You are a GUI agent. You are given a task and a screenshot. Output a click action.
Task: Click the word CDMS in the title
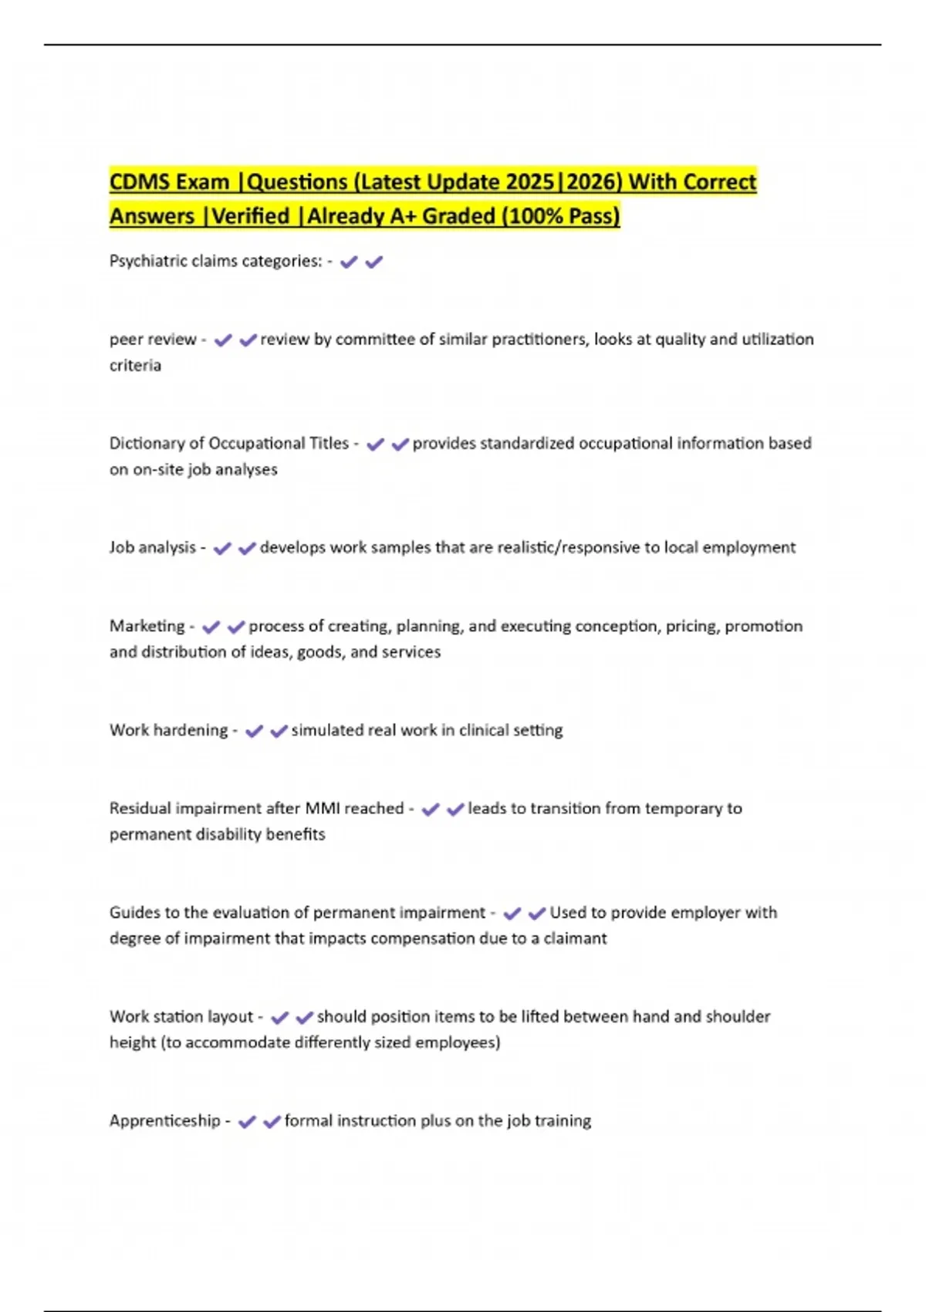click(x=134, y=182)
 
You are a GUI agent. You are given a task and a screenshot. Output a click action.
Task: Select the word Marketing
click(x=147, y=626)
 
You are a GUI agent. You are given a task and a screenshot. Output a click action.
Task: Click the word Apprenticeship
click(x=164, y=1121)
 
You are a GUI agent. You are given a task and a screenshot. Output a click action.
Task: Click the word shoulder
click(x=735, y=1016)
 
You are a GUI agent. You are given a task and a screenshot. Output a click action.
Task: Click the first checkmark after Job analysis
click(x=222, y=549)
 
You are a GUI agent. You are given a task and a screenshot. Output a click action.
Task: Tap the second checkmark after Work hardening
click(x=279, y=731)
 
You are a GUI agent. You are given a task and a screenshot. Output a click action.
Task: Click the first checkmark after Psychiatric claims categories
click(x=349, y=262)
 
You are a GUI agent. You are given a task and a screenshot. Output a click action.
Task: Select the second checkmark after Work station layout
click(x=304, y=1017)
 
